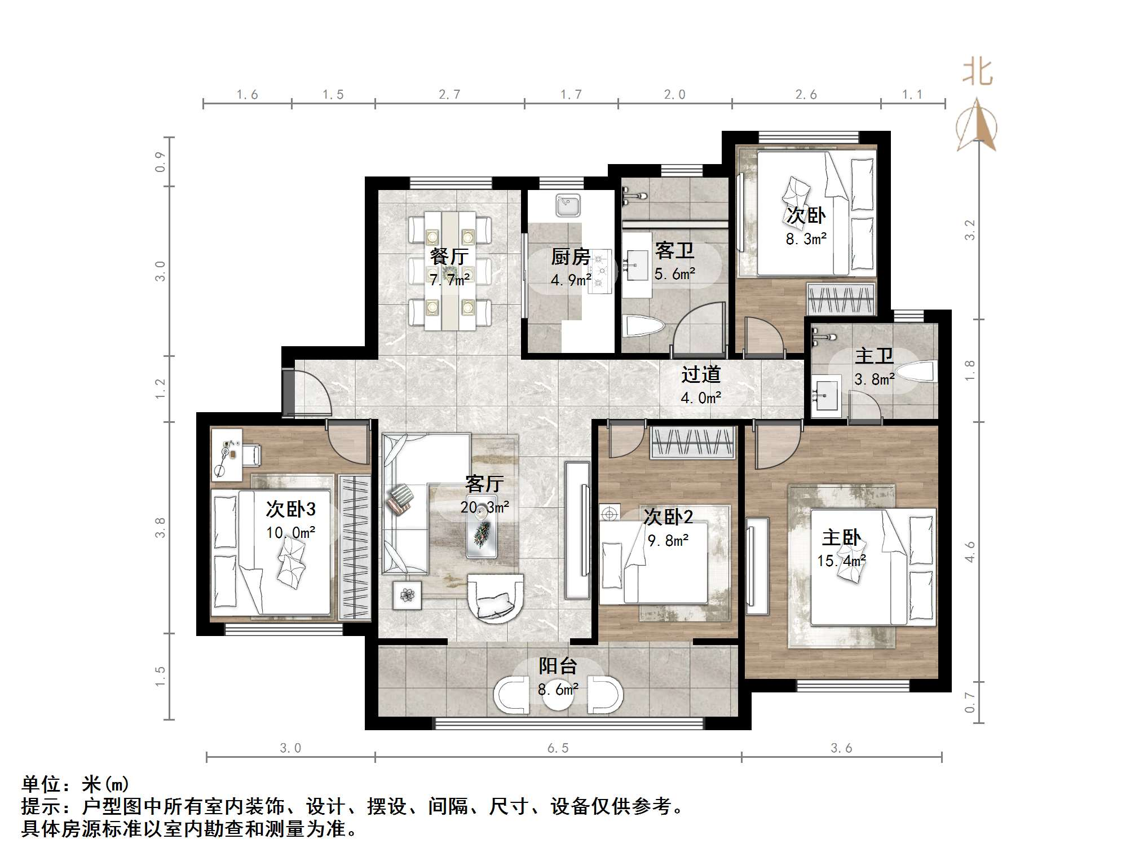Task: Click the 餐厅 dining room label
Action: (449, 257)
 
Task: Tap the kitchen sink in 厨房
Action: (568, 205)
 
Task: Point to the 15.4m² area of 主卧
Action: (841, 560)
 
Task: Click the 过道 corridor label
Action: (701, 374)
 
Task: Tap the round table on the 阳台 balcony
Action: (558, 695)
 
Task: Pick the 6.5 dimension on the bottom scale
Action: (558, 748)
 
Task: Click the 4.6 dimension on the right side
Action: (969, 551)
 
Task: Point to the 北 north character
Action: (977, 73)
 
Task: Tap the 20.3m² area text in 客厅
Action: (484, 507)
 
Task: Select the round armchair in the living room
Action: (496, 599)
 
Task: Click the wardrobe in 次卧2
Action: (693, 443)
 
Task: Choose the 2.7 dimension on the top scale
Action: (449, 95)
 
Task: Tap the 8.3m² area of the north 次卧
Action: (806, 239)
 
